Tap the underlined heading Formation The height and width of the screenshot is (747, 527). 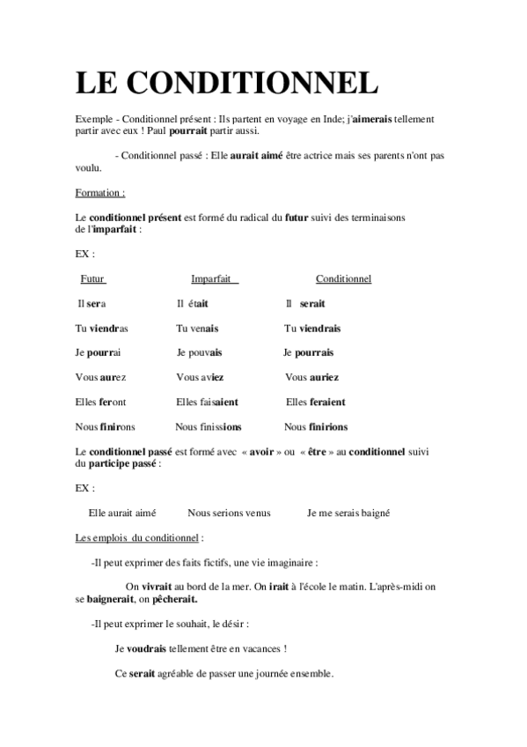(x=99, y=192)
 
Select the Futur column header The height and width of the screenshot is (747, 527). (x=92, y=279)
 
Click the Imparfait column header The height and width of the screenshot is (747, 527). (x=215, y=279)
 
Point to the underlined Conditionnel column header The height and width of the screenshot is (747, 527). (x=343, y=279)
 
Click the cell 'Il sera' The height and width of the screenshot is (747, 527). (x=91, y=304)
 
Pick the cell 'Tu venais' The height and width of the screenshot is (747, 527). (x=197, y=329)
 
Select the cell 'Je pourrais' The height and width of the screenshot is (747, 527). (x=308, y=353)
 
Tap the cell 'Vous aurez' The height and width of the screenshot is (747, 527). (x=100, y=378)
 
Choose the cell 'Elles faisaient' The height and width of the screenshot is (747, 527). (x=207, y=403)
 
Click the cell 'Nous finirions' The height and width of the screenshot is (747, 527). (x=315, y=427)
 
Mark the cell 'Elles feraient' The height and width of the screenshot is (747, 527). (x=316, y=403)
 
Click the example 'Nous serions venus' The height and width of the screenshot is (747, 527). (x=229, y=513)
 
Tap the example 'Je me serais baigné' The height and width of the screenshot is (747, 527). (x=348, y=513)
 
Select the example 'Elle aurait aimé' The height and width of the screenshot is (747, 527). (x=122, y=513)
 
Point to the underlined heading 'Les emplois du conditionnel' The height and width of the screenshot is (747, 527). (x=139, y=536)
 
